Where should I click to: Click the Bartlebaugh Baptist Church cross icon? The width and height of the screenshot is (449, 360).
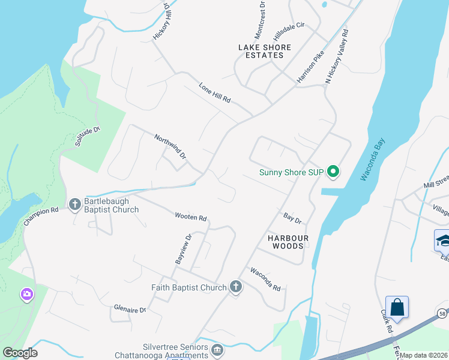(x=75, y=205)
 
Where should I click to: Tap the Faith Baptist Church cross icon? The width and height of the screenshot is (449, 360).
(x=236, y=287)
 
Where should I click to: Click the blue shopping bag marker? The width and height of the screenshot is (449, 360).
(x=397, y=307)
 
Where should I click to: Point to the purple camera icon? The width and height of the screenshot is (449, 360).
(x=26, y=294)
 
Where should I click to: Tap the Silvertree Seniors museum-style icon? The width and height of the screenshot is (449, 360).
(x=217, y=349)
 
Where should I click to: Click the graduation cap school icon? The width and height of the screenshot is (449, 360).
(x=442, y=240)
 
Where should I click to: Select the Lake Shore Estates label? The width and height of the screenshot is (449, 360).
(x=264, y=51)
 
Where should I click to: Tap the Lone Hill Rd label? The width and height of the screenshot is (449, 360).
(x=215, y=93)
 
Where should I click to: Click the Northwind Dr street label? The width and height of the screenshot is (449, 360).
(x=170, y=146)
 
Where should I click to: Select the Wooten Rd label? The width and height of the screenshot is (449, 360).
(x=191, y=217)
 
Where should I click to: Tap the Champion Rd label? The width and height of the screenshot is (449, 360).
(x=41, y=216)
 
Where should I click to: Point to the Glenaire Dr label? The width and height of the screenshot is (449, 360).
(x=130, y=310)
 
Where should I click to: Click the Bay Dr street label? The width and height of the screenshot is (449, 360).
(x=292, y=216)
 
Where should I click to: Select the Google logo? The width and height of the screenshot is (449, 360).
(x=20, y=353)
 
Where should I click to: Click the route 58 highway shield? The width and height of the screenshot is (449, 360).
(x=442, y=313)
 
